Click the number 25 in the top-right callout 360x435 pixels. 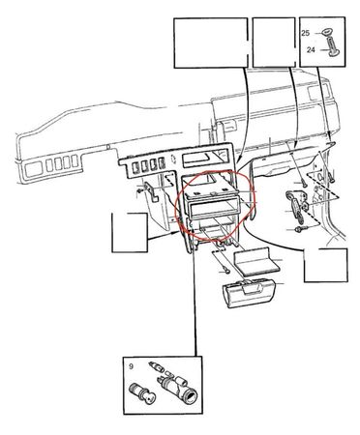pyautogui.click(x=306, y=33)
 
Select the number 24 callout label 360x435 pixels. pyautogui.click(x=311, y=50)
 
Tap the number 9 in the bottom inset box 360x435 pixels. pyautogui.click(x=131, y=366)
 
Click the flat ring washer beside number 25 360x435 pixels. pyautogui.click(x=328, y=32)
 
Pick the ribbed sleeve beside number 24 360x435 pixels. pyautogui.click(x=333, y=47)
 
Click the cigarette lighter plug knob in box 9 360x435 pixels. pyautogui.click(x=141, y=392)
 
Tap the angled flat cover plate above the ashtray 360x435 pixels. pyautogui.click(x=255, y=261)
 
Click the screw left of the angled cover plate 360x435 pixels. pyautogui.click(x=225, y=270)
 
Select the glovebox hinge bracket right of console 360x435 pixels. pyautogui.click(x=297, y=206)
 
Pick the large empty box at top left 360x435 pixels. pyautogui.click(x=211, y=43)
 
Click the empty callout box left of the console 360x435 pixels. pyautogui.click(x=130, y=233)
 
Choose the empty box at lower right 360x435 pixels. pyautogui.click(x=326, y=265)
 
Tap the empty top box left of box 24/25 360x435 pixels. pyautogui.click(x=274, y=43)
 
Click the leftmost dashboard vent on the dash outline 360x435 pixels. pyautogui.click(x=32, y=169)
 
